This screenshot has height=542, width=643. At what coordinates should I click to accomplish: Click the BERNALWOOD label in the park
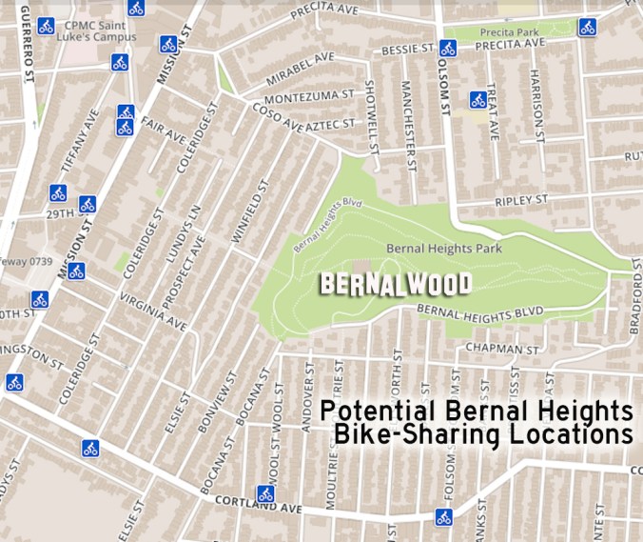(396, 285)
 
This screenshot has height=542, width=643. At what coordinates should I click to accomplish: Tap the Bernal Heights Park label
(443, 249)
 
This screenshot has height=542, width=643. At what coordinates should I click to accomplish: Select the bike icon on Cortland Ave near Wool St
(265, 494)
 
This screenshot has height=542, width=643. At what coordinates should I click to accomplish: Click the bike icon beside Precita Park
(587, 27)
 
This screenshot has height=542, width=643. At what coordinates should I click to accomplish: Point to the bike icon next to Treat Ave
(477, 99)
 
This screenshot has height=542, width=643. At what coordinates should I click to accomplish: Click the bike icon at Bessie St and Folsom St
(448, 47)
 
